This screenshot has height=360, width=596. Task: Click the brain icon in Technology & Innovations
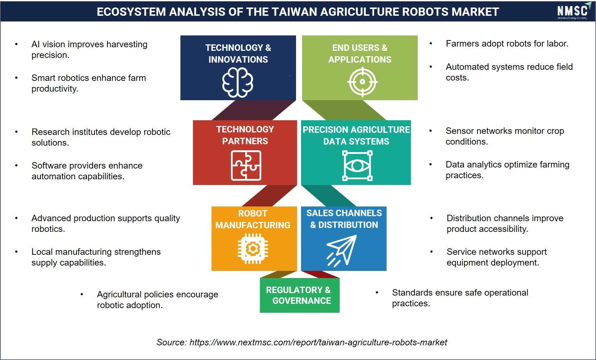(x=238, y=82)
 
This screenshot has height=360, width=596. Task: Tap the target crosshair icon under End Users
(x=362, y=82)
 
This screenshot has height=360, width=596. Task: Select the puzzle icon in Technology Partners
(x=246, y=165)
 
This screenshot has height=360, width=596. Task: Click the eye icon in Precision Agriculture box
(x=357, y=166)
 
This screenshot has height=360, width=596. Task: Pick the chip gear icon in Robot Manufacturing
(x=253, y=249)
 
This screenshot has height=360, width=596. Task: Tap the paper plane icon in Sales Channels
(x=341, y=250)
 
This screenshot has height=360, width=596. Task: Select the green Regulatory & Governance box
(x=300, y=295)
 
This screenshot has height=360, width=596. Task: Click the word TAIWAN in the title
(x=282, y=12)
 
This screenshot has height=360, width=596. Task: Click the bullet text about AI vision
(x=89, y=49)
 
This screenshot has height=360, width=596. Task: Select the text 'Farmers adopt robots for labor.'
(x=507, y=43)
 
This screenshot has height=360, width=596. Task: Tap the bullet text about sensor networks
(x=505, y=136)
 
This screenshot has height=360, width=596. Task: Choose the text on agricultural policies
(x=158, y=300)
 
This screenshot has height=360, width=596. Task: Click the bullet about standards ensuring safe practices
(x=460, y=298)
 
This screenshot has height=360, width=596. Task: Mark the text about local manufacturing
(x=96, y=257)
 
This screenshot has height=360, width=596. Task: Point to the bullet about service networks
(x=496, y=257)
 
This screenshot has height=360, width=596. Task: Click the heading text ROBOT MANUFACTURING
(x=253, y=219)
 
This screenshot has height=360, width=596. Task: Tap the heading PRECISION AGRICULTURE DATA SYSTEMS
(x=356, y=135)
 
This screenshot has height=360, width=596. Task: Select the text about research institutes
(x=101, y=137)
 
